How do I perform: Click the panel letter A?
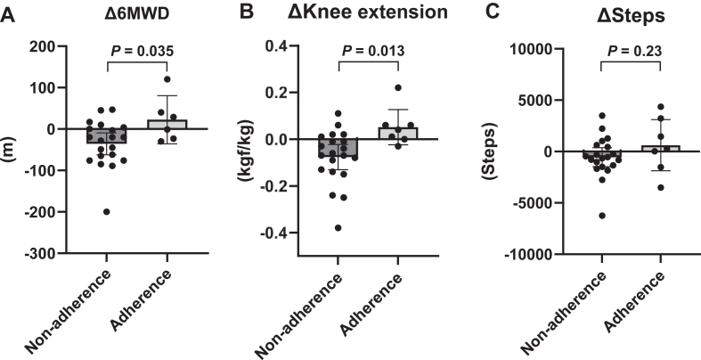(7, 11)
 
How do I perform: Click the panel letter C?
(485, 11)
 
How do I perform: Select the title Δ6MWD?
(136, 12)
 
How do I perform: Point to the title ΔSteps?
(632, 12)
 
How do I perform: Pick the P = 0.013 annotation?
(370, 50)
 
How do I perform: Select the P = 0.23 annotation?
(632, 50)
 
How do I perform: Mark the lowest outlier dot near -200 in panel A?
(106, 211)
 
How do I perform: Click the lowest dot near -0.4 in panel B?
(338, 227)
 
